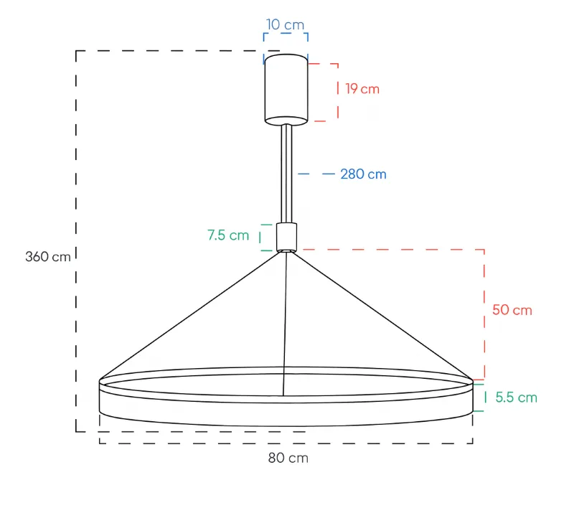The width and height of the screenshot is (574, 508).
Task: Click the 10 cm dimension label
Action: pos(285,24)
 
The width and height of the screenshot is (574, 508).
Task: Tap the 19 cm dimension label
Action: pos(362,89)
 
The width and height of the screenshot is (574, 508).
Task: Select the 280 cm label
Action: pos(363,174)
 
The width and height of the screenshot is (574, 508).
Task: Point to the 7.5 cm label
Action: pos(228,235)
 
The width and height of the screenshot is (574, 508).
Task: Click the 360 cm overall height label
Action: pos(47,256)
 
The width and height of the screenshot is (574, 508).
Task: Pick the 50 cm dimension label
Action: pos(512,310)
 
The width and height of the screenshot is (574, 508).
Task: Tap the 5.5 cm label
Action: pos(516,398)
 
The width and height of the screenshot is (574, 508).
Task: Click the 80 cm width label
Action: pos(288,458)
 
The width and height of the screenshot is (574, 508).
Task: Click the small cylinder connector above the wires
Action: pos(286,237)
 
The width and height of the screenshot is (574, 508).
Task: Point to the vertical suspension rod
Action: pos(286,172)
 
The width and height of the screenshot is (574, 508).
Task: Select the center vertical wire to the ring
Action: pos(286,323)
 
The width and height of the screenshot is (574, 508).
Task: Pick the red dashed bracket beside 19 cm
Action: pos(337,92)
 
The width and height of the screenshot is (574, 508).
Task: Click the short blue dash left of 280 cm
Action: pos(328,174)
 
